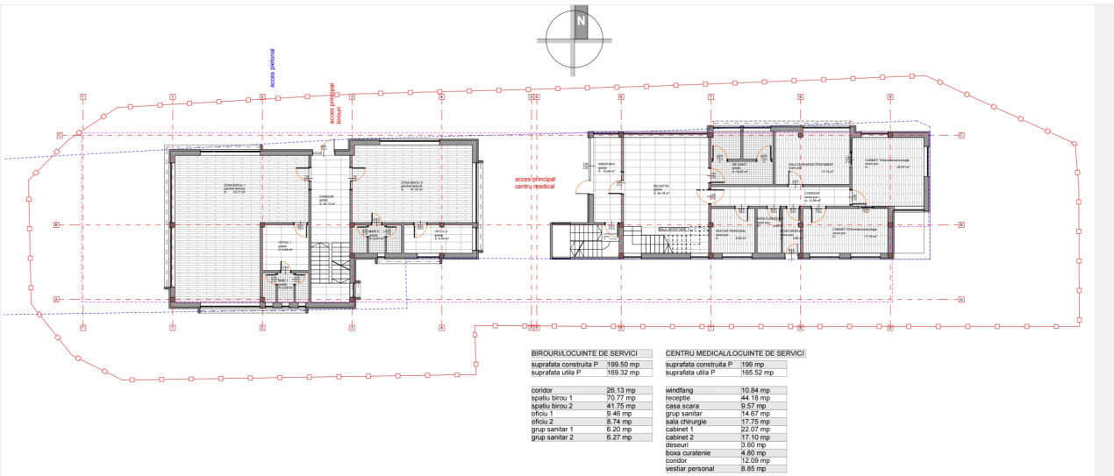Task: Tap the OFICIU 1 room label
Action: pos(285,243)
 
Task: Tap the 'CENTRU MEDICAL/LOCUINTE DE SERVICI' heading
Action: pos(734,353)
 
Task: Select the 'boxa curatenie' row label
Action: pos(691,452)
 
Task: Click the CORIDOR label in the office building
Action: pos(327,196)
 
